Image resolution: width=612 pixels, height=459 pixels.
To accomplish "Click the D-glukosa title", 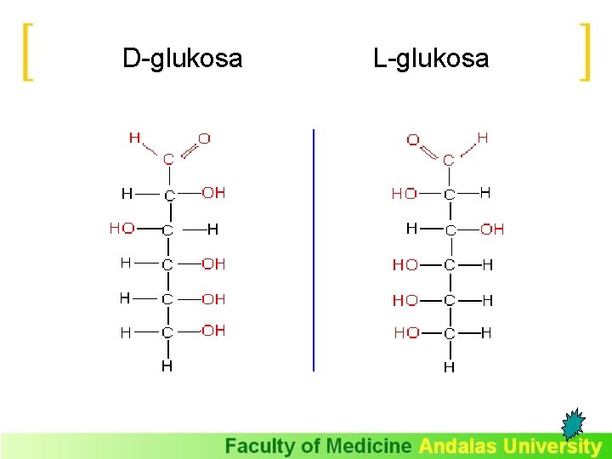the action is point(182,59).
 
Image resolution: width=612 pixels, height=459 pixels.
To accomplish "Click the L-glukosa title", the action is point(431,59).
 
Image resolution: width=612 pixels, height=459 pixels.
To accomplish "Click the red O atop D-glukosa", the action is point(204,138).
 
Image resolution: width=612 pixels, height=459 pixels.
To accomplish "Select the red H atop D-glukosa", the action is point(134,138).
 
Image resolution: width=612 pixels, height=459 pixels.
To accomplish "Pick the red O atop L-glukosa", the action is point(413,140).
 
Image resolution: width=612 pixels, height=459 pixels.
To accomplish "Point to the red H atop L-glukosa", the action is point(482,136).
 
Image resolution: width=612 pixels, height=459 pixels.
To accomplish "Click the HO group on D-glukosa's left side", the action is point(122,229).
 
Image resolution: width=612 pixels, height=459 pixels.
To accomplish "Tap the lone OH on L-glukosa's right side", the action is point(492,229).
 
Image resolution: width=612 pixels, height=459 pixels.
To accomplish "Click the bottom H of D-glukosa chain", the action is point(167,366).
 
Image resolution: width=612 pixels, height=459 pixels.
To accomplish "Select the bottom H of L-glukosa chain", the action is point(449,367).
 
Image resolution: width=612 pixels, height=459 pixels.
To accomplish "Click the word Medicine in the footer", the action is point(370,446).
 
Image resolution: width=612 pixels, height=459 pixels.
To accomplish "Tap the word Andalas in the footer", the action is point(458,446).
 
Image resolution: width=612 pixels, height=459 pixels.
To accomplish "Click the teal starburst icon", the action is point(575,424).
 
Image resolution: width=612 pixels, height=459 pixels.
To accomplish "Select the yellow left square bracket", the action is point(28,52).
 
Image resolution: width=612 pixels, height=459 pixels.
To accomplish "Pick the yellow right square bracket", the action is point(584,52).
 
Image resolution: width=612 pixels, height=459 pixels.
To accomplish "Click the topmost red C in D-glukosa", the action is point(168,158).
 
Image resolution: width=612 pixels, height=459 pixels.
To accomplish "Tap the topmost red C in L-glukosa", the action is point(448,159).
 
